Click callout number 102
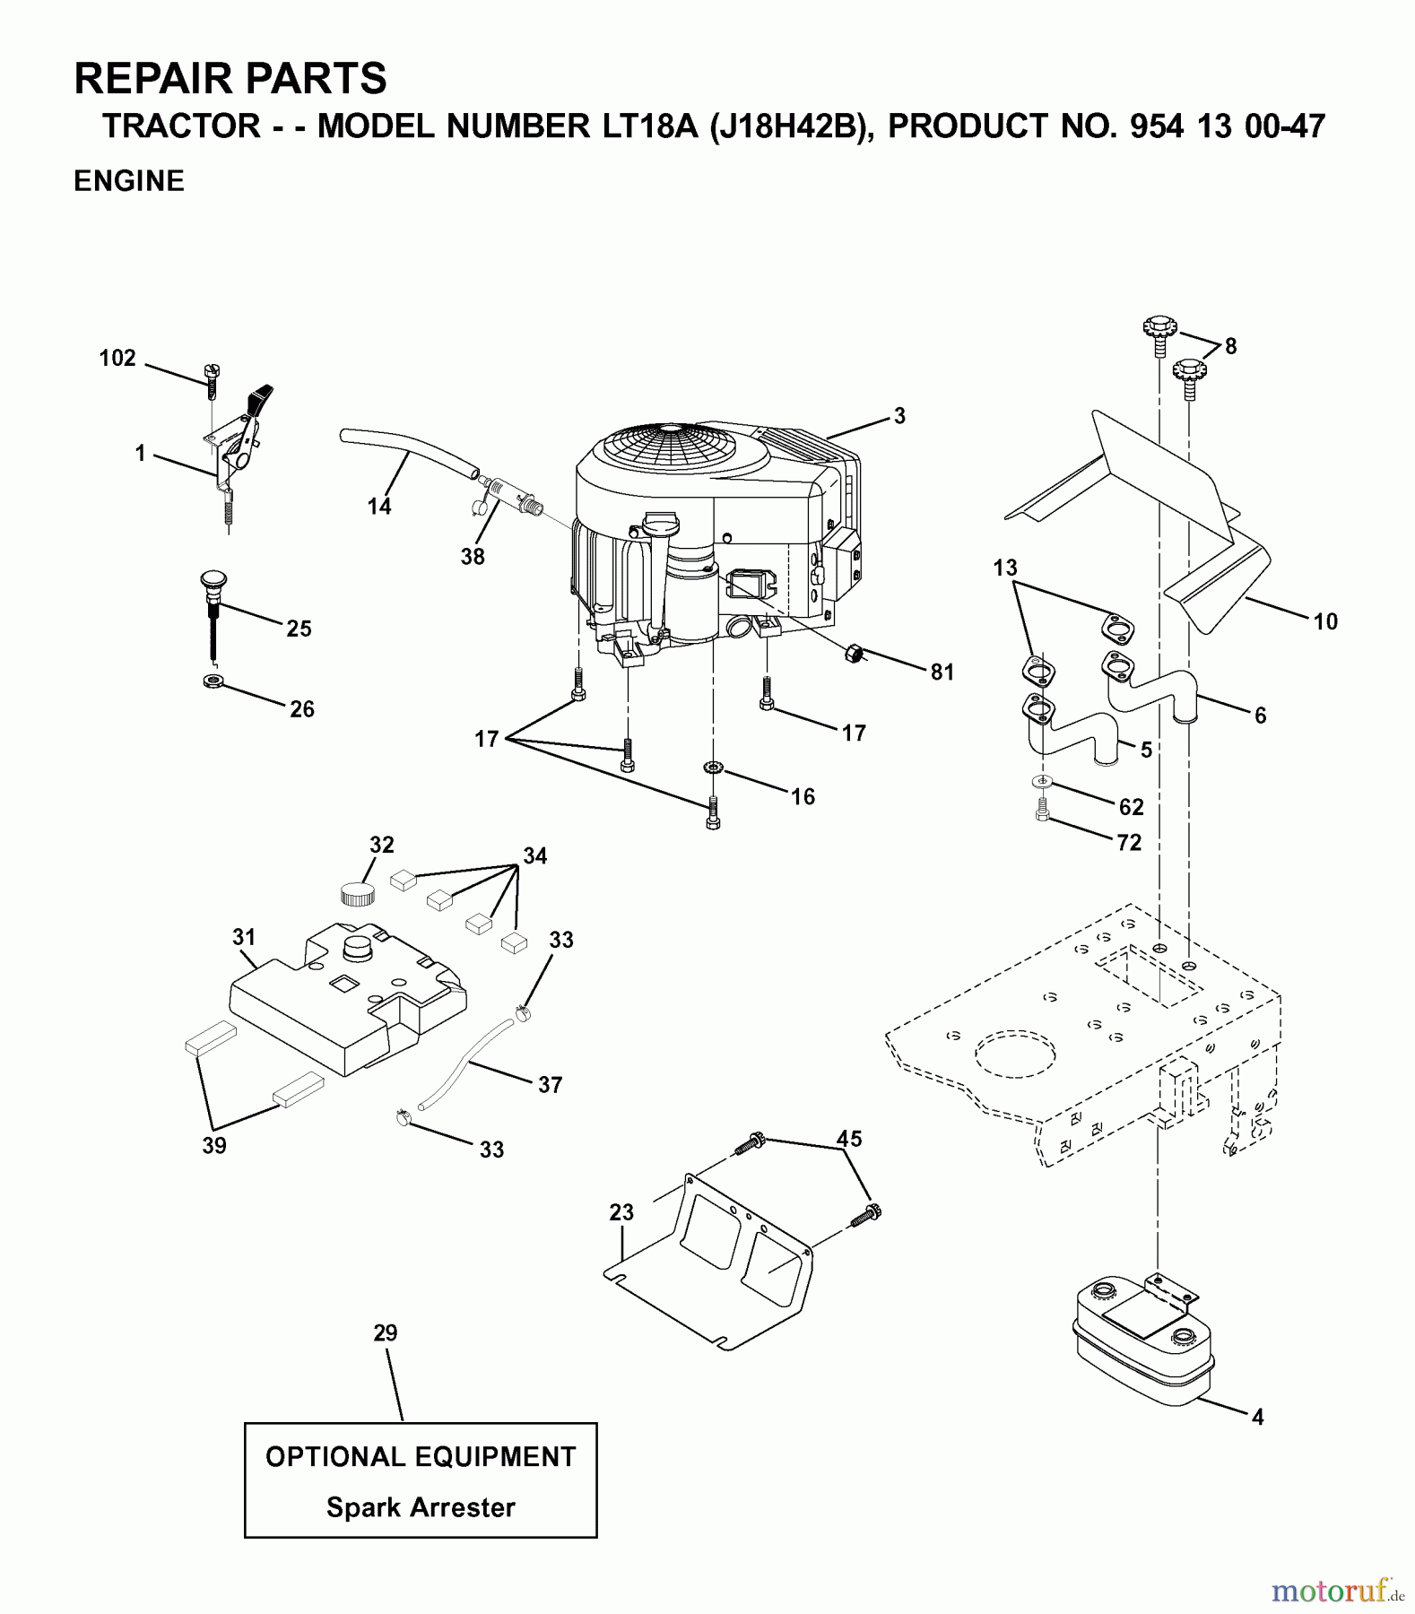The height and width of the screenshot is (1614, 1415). click(x=117, y=359)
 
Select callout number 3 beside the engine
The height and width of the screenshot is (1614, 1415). click(x=899, y=416)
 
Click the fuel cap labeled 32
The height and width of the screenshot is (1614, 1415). click(x=357, y=894)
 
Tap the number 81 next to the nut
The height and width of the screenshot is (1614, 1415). click(x=942, y=672)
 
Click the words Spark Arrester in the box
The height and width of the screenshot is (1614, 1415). click(x=421, y=1507)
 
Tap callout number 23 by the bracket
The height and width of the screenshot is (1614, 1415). click(x=621, y=1212)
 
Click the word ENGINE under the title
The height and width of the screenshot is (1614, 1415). click(x=129, y=181)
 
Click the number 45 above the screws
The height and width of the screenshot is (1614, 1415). click(x=848, y=1139)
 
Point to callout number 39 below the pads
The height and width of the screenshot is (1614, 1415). click(x=214, y=1145)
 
